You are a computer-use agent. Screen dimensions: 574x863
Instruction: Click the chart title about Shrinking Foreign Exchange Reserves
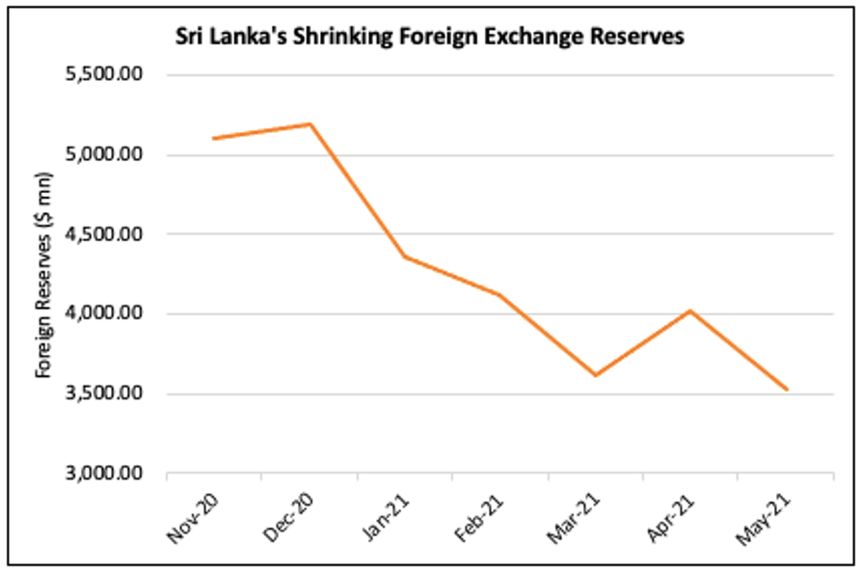429,38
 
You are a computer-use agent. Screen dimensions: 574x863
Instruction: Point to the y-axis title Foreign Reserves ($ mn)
42,275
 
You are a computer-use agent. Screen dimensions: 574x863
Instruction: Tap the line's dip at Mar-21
596,375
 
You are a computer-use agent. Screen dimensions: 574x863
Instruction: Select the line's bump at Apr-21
690,311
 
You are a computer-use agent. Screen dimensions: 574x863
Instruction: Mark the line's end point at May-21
787,390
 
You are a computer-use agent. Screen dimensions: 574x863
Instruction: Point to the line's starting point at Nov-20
214,139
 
